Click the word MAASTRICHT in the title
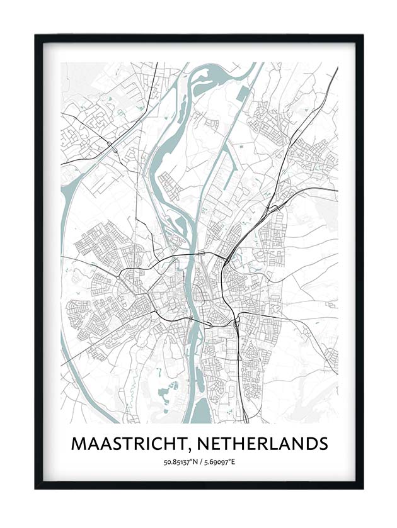point(129,444)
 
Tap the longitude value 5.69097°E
point(218,463)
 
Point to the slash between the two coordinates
point(198,463)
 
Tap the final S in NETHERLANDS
point(322,444)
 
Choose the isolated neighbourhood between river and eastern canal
point(169,185)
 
